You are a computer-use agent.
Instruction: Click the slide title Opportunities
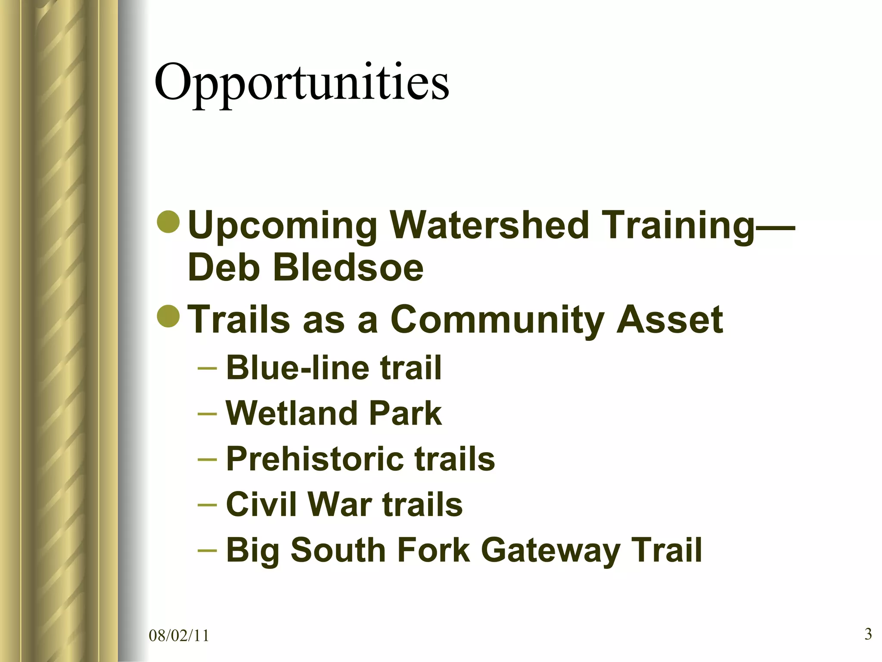click(x=301, y=82)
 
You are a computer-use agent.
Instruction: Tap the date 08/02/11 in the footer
click(x=179, y=636)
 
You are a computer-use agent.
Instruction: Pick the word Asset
click(x=670, y=320)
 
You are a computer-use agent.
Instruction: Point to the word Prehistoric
click(x=314, y=459)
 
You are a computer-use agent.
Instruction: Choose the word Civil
click(x=260, y=504)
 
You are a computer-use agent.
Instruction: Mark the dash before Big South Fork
click(x=207, y=551)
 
